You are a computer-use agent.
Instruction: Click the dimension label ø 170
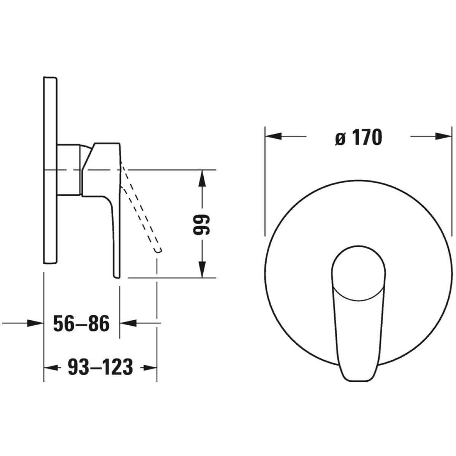358,138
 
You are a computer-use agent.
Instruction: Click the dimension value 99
201,224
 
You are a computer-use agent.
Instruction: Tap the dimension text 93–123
100,367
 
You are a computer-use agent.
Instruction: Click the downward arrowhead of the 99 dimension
202,269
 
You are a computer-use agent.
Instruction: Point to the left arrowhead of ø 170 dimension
273,136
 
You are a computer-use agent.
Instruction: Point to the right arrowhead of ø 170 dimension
443,136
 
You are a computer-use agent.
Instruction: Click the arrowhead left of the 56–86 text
35,323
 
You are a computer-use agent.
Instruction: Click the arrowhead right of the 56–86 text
128,323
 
